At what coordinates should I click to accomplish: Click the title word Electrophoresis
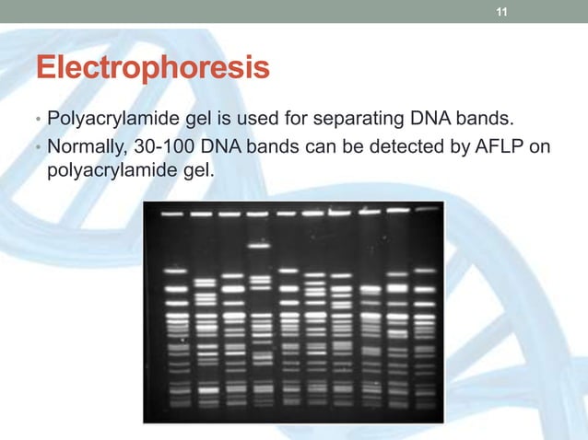152,69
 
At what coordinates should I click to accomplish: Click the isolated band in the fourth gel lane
259,246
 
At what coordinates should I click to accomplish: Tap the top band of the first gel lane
171,214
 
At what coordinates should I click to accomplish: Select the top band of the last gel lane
425,210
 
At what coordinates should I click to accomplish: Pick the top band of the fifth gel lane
288,214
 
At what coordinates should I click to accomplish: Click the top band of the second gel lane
201,214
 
